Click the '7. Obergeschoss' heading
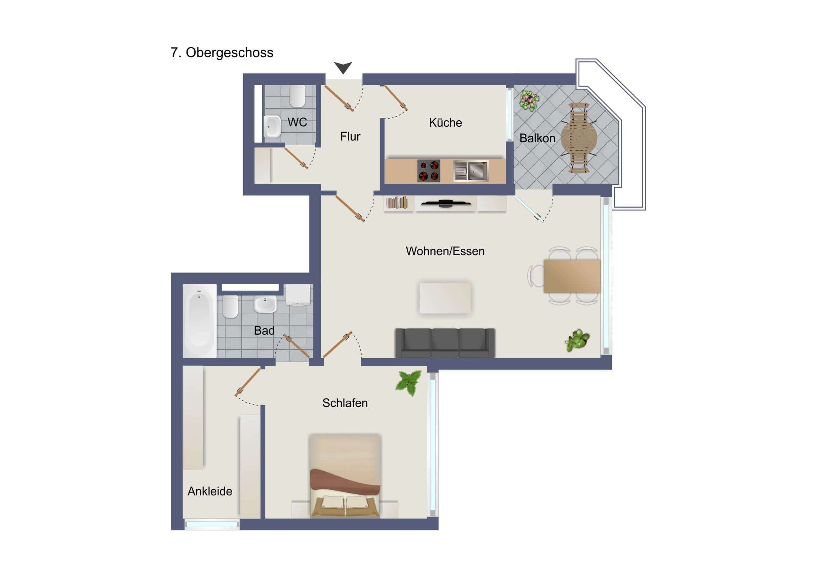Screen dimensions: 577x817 pos(222,53)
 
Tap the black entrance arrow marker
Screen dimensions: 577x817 pos(343,67)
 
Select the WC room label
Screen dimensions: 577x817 pos(297,122)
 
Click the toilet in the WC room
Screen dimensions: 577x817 pos(297,96)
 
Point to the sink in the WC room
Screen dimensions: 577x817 pos(272,127)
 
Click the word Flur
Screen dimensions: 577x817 pos(350,137)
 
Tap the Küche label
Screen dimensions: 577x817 pos(445,123)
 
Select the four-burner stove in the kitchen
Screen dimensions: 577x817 pos(428,171)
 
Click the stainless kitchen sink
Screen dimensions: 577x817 pos(471,171)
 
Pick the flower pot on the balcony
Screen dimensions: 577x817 pos(529,100)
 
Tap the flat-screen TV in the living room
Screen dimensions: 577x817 pos(445,204)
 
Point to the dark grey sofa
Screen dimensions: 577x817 pos(445,343)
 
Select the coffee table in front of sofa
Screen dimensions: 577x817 pos(445,298)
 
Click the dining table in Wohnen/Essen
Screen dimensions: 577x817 pos(572,276)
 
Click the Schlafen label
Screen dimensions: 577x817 pos(345,403)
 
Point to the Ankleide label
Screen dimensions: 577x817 pos(210,491)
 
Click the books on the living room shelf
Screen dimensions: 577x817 pos(397,203)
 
